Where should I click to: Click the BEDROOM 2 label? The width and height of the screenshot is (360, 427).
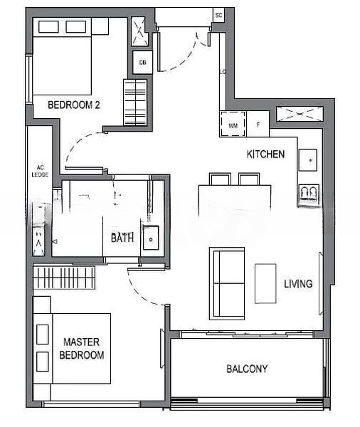tap(73, 105)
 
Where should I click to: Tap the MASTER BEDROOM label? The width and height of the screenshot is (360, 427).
tap(83, 348)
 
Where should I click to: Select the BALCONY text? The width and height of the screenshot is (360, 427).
tap(247, 369)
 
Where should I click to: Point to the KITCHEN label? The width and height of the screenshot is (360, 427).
tap(265, 154)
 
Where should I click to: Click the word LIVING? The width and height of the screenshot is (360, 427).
tap(298, 284)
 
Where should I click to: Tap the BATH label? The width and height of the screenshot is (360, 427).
tap(122, 238)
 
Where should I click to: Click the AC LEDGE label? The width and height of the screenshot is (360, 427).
tap(38, 171)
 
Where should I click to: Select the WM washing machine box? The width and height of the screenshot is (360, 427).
tap(233, 124)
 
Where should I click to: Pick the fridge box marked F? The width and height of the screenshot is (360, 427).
tap(258, 124)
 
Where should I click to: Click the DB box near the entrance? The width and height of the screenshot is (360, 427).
tap(142, 62)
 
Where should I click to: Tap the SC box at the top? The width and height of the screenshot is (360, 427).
tap(218, 15)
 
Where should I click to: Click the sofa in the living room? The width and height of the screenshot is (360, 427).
tap(226, 283)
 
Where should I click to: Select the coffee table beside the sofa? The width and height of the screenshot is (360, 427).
tap(265, 283)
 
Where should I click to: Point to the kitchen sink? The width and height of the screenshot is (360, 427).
tap(308, 161)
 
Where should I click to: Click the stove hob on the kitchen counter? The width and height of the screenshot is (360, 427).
tap(309, 194)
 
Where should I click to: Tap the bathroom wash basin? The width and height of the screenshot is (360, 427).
tap(152, 238)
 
